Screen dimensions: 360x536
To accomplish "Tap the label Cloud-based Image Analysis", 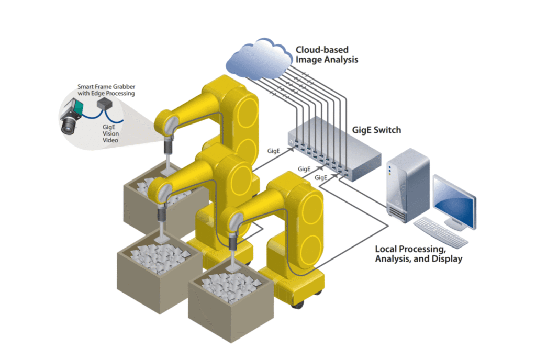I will pos(327,54).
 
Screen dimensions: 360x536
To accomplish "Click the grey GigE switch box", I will pos(335,146).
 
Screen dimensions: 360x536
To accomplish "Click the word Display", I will pos(446,259).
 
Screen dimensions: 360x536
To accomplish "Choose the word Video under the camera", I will pos(110,140).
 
